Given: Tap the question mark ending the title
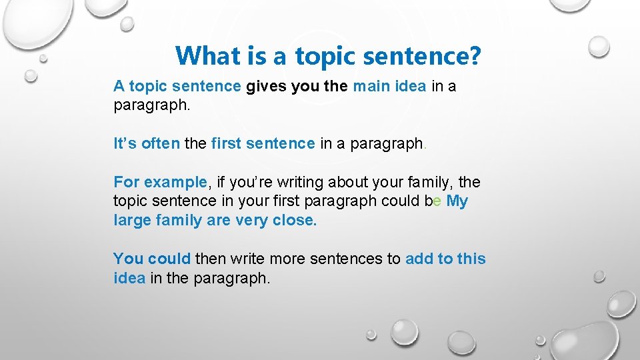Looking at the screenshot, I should click(x=473, y=55).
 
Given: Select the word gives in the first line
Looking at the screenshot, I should click(x=268, y=86).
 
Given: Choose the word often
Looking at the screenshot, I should click(x=161, y=143).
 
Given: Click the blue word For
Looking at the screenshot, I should click(x=127, y=182).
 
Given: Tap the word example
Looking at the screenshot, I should click(x=176, y=182).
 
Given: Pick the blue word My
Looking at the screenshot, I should click(x=457, y=201).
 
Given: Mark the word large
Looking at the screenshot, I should click(x=133, y=221).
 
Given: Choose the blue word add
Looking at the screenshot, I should click(x=419, y=259).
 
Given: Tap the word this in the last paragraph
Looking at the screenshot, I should click(x=471, y=259).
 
